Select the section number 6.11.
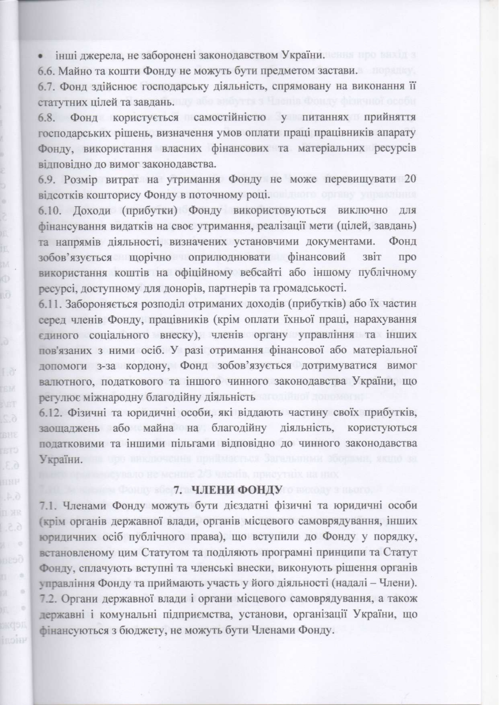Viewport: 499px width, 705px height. [51, 304]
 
